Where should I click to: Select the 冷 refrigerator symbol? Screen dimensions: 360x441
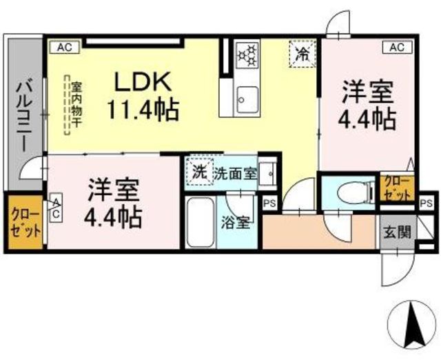click(x=302, y=54)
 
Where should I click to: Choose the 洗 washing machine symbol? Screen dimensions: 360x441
click(x=198, y=172)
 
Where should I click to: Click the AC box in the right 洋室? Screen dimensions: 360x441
click(x=397, y=47)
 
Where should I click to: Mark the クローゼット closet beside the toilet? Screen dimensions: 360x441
click(x=396, y=188)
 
